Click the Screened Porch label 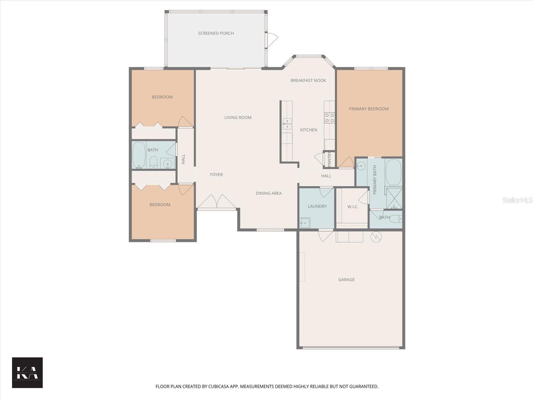click(x=216, y=33)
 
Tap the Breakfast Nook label click(x=308, y=80)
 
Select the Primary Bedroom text click(x=368, y=109)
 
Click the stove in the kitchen click(x=330, y=118)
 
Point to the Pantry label click(x=329, y=159)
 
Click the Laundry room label click(x=317, y=206)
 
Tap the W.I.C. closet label click(x=352, y=207)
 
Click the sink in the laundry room click(x=305, y=223)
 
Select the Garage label click(x=346, y=280)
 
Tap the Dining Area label click(x=268, y=193)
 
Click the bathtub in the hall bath click(x=139, y=155)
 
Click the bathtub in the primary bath click(x=393, y=172)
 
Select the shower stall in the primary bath click(x=394, y=198)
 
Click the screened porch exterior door click(x=272, y=40)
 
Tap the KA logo click(x=27, y=373)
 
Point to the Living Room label click(x=238, y=117)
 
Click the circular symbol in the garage click(x=376, y=237)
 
